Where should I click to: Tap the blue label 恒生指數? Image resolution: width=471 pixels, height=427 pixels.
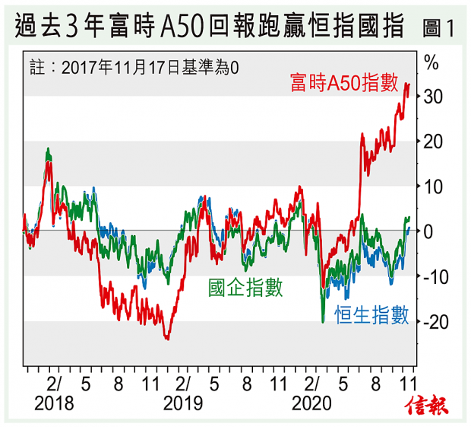tap(372, 314)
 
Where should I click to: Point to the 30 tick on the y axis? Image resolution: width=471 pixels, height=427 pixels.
tap(432, 97)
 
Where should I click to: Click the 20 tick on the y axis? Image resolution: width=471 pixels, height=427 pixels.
tap(432, 142)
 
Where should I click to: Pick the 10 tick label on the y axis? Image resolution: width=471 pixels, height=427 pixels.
tap(432, 186)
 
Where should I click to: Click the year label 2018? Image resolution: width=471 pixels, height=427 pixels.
tap(55, 403)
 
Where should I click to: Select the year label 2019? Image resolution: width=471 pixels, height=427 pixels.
tap(183, 403)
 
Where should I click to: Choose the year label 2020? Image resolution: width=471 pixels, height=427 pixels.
tap(311, 403)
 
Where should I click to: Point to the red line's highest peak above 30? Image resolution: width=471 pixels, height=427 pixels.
tap(407, 84)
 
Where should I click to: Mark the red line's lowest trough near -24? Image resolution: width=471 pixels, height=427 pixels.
tap(167, 339)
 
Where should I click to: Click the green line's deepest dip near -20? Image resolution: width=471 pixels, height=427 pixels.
tap(323, 322)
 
